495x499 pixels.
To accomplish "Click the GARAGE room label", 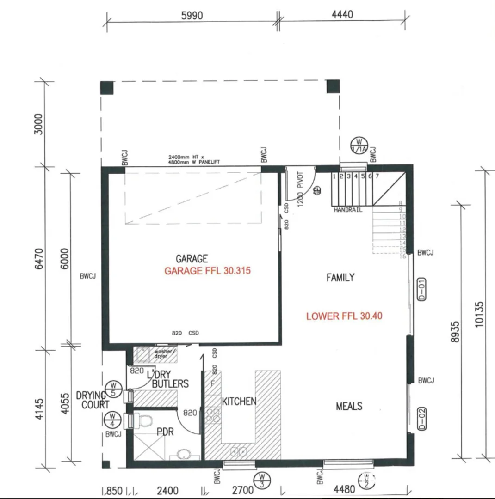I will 192,259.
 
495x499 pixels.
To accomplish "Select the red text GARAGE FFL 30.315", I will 207,271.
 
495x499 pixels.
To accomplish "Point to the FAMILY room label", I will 340,278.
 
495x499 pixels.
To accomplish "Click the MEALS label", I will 349,407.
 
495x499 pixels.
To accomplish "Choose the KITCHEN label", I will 239,402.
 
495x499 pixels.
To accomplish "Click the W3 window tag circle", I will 262,480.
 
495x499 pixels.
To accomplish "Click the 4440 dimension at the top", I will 342,14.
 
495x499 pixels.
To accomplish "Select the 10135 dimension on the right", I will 479,314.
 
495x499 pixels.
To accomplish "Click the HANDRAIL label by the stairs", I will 348,210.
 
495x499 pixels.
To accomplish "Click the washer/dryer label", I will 163,354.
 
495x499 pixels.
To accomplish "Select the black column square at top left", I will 107,87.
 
